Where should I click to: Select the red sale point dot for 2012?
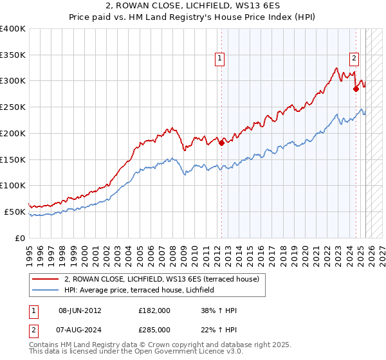pos(221,143)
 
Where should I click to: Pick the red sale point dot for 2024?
pos(356,89)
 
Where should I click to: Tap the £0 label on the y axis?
pos(20,238)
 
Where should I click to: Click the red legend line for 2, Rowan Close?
pos(45,279)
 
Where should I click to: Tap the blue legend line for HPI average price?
pos(45,291)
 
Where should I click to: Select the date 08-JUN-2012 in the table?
pos(80,310)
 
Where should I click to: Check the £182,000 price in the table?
pos(154,310)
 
